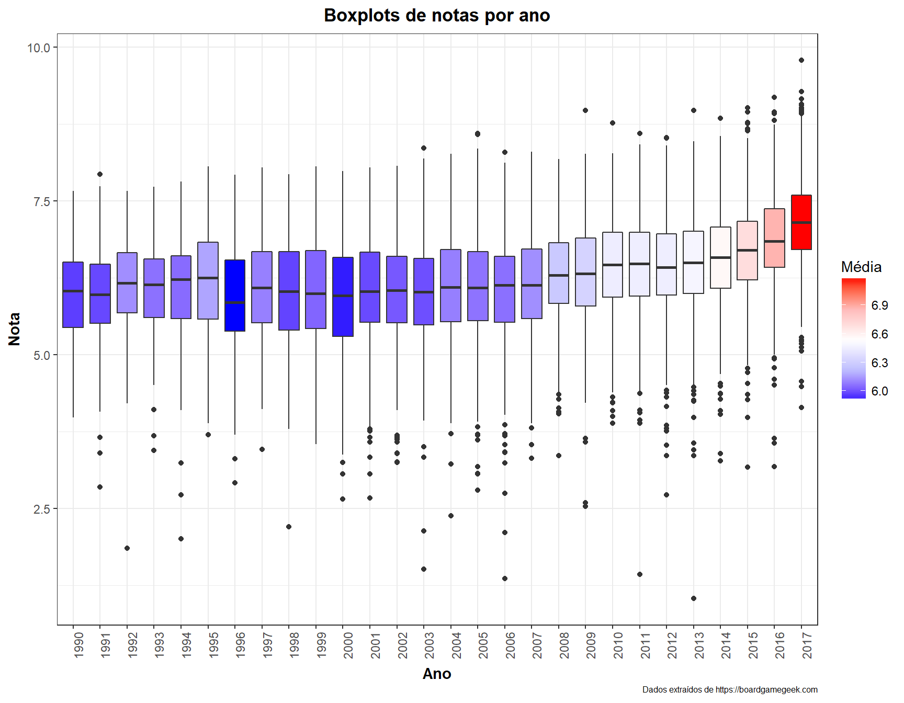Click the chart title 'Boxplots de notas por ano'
click(437, 16)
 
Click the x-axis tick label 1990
click(78, 645)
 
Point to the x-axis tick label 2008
click(564, 645)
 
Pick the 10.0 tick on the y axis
click(38, 48)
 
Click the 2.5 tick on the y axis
click(41, 509)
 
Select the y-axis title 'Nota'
click(14, 329)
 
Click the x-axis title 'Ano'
click(437, 674)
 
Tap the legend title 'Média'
click(861, 267)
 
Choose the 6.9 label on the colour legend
click(879, 305)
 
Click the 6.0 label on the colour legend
click(879, 391)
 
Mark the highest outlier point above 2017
click(801, 60)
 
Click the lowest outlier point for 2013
click(694, 598)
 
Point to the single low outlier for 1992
click(127, 548)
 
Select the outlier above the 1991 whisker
click(100, 174)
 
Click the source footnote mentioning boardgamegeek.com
click(730, 689)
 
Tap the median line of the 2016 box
click(774, 241)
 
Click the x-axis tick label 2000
click(348, 645)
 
